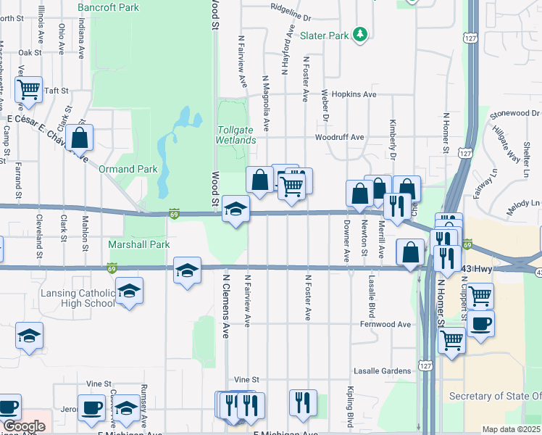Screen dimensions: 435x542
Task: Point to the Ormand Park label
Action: tap(128, 169)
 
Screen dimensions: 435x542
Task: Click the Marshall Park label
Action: tap(139, 244)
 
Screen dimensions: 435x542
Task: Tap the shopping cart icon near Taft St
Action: tap(28, 90)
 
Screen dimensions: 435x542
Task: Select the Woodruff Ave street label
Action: tap(339, 137)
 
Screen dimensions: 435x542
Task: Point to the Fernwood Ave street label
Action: tap(385, 324)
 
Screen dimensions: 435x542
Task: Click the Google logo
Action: tap(24, 426)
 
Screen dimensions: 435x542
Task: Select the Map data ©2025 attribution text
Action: tap(512, 429)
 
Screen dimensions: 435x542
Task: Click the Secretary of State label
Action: tap(495, 396)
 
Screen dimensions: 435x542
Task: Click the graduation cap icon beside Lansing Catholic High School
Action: tap(130, 291)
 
